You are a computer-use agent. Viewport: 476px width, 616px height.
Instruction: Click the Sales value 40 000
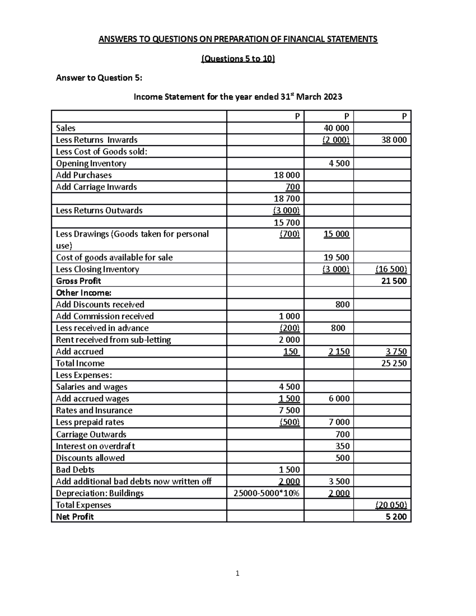point(336,128)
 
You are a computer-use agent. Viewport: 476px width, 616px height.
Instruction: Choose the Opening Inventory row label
point(91,163)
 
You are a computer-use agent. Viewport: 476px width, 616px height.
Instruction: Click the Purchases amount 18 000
point(287,175)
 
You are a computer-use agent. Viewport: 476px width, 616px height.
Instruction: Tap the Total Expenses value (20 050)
point(391,505)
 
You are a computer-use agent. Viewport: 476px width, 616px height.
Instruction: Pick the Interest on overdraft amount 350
point(342,446)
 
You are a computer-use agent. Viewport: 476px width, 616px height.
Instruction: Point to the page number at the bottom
point(237,573)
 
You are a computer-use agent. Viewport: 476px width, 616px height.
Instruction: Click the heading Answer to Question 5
point(99,78)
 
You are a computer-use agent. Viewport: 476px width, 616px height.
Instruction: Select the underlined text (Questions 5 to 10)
point(238,59)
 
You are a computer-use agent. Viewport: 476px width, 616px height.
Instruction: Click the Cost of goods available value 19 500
point(336,257)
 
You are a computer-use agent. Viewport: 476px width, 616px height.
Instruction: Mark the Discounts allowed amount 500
point(342,458)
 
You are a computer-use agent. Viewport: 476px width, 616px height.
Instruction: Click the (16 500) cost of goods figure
point(391,269)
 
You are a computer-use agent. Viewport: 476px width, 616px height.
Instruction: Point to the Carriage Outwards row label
point(91,434)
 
